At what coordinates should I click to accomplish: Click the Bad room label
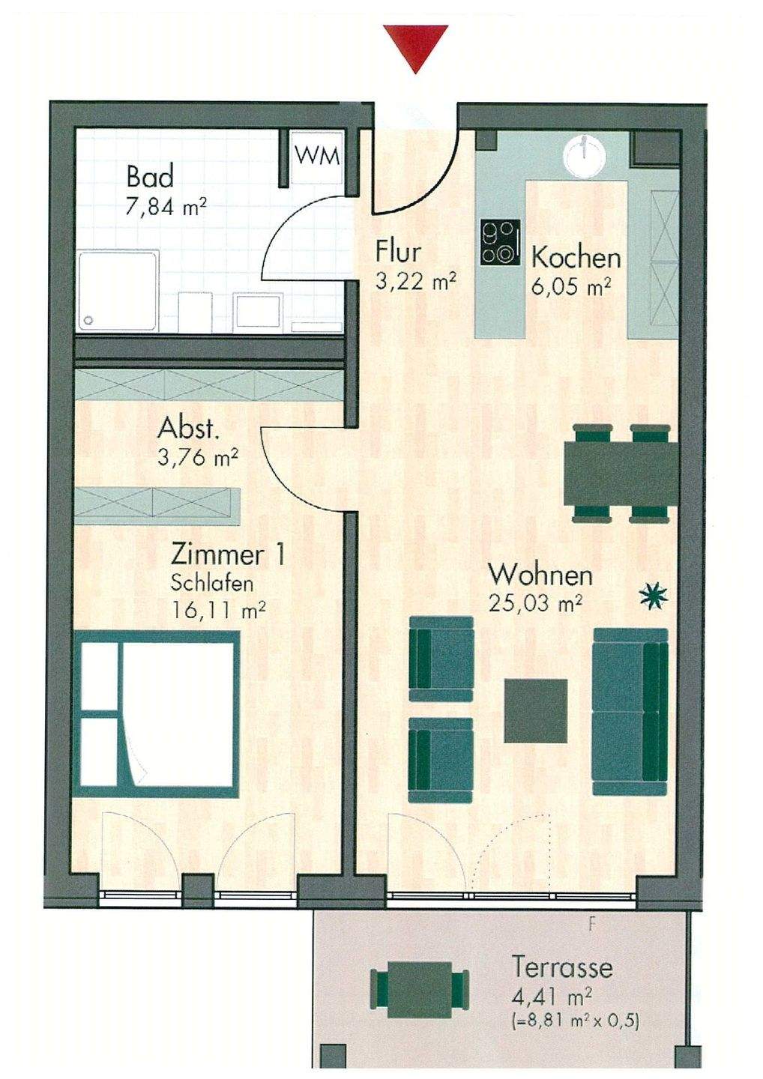point(150,177)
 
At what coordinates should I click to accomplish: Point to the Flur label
point(399,252)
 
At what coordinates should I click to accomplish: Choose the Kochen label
point(576,259)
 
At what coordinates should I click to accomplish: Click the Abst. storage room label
point(189,428)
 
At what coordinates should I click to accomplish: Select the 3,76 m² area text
point(198,458)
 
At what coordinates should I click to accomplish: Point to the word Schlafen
point(212,584)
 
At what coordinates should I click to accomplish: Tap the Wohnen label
point(540,575)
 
